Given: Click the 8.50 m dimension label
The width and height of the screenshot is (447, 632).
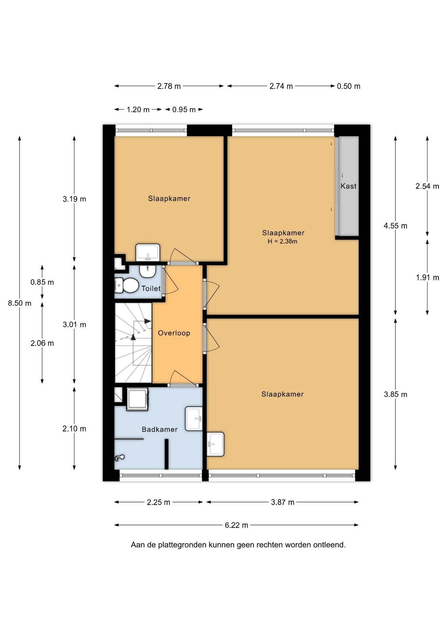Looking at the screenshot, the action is point(20,303).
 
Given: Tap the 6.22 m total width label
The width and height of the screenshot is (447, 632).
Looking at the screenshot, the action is point(236,525).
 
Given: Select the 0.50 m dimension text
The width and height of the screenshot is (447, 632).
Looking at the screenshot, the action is point(349,86).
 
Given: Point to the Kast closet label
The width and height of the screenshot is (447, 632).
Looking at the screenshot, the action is point(349,186).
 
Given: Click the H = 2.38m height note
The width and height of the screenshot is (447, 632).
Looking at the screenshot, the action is point(282,241).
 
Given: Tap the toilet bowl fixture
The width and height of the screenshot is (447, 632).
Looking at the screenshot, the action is point(127,285).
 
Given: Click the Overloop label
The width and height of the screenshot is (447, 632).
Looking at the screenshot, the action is point(174,333).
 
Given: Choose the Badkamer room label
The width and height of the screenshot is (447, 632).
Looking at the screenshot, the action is point(160,429).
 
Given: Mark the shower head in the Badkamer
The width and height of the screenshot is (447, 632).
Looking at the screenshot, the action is point(119,458).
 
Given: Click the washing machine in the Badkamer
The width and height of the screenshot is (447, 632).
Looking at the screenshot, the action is point(137,399).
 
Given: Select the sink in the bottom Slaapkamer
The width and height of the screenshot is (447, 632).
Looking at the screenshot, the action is point(216,444).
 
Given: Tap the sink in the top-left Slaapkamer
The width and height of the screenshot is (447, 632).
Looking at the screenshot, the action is point(148,252).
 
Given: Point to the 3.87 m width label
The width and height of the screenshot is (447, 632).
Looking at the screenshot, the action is point(282,502).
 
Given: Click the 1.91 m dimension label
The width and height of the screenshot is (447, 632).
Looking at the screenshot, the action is point(427,277).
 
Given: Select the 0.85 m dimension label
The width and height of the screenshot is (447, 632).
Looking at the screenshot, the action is point(42,282).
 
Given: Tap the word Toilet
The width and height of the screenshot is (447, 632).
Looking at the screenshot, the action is point(151,288).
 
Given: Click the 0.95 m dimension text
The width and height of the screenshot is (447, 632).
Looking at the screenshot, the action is point(184,110).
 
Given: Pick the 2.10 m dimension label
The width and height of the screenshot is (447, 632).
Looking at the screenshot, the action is point(74,429).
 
